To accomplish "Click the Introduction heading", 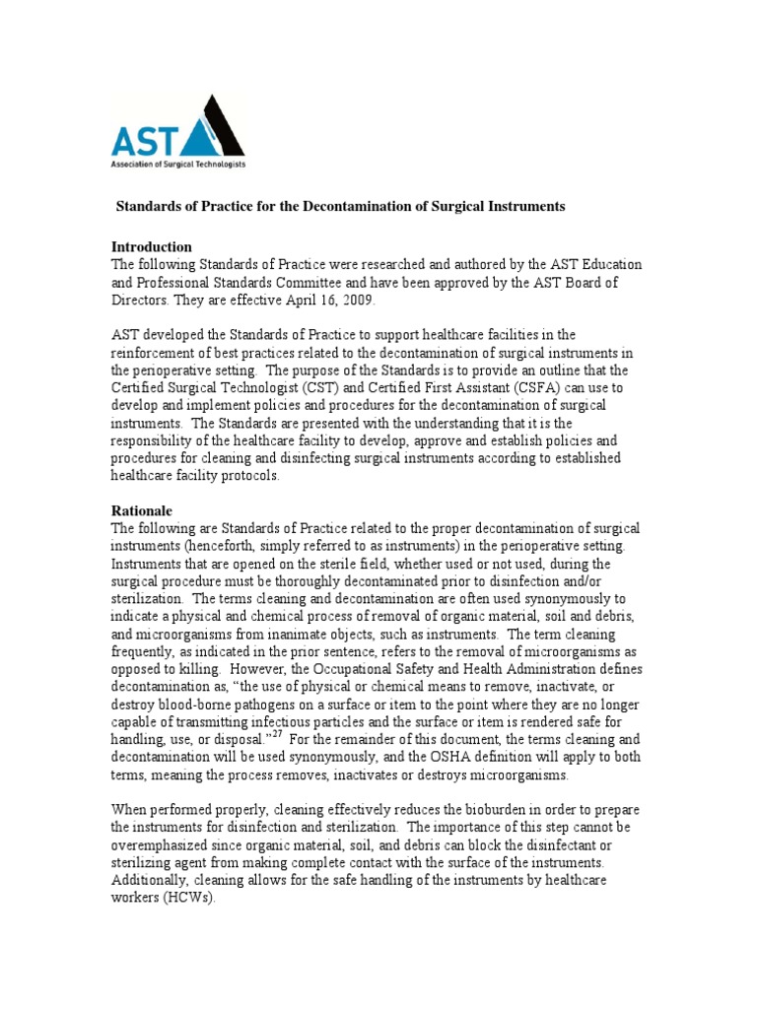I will tap(152, 246).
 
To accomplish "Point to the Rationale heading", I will tap(142, 511).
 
